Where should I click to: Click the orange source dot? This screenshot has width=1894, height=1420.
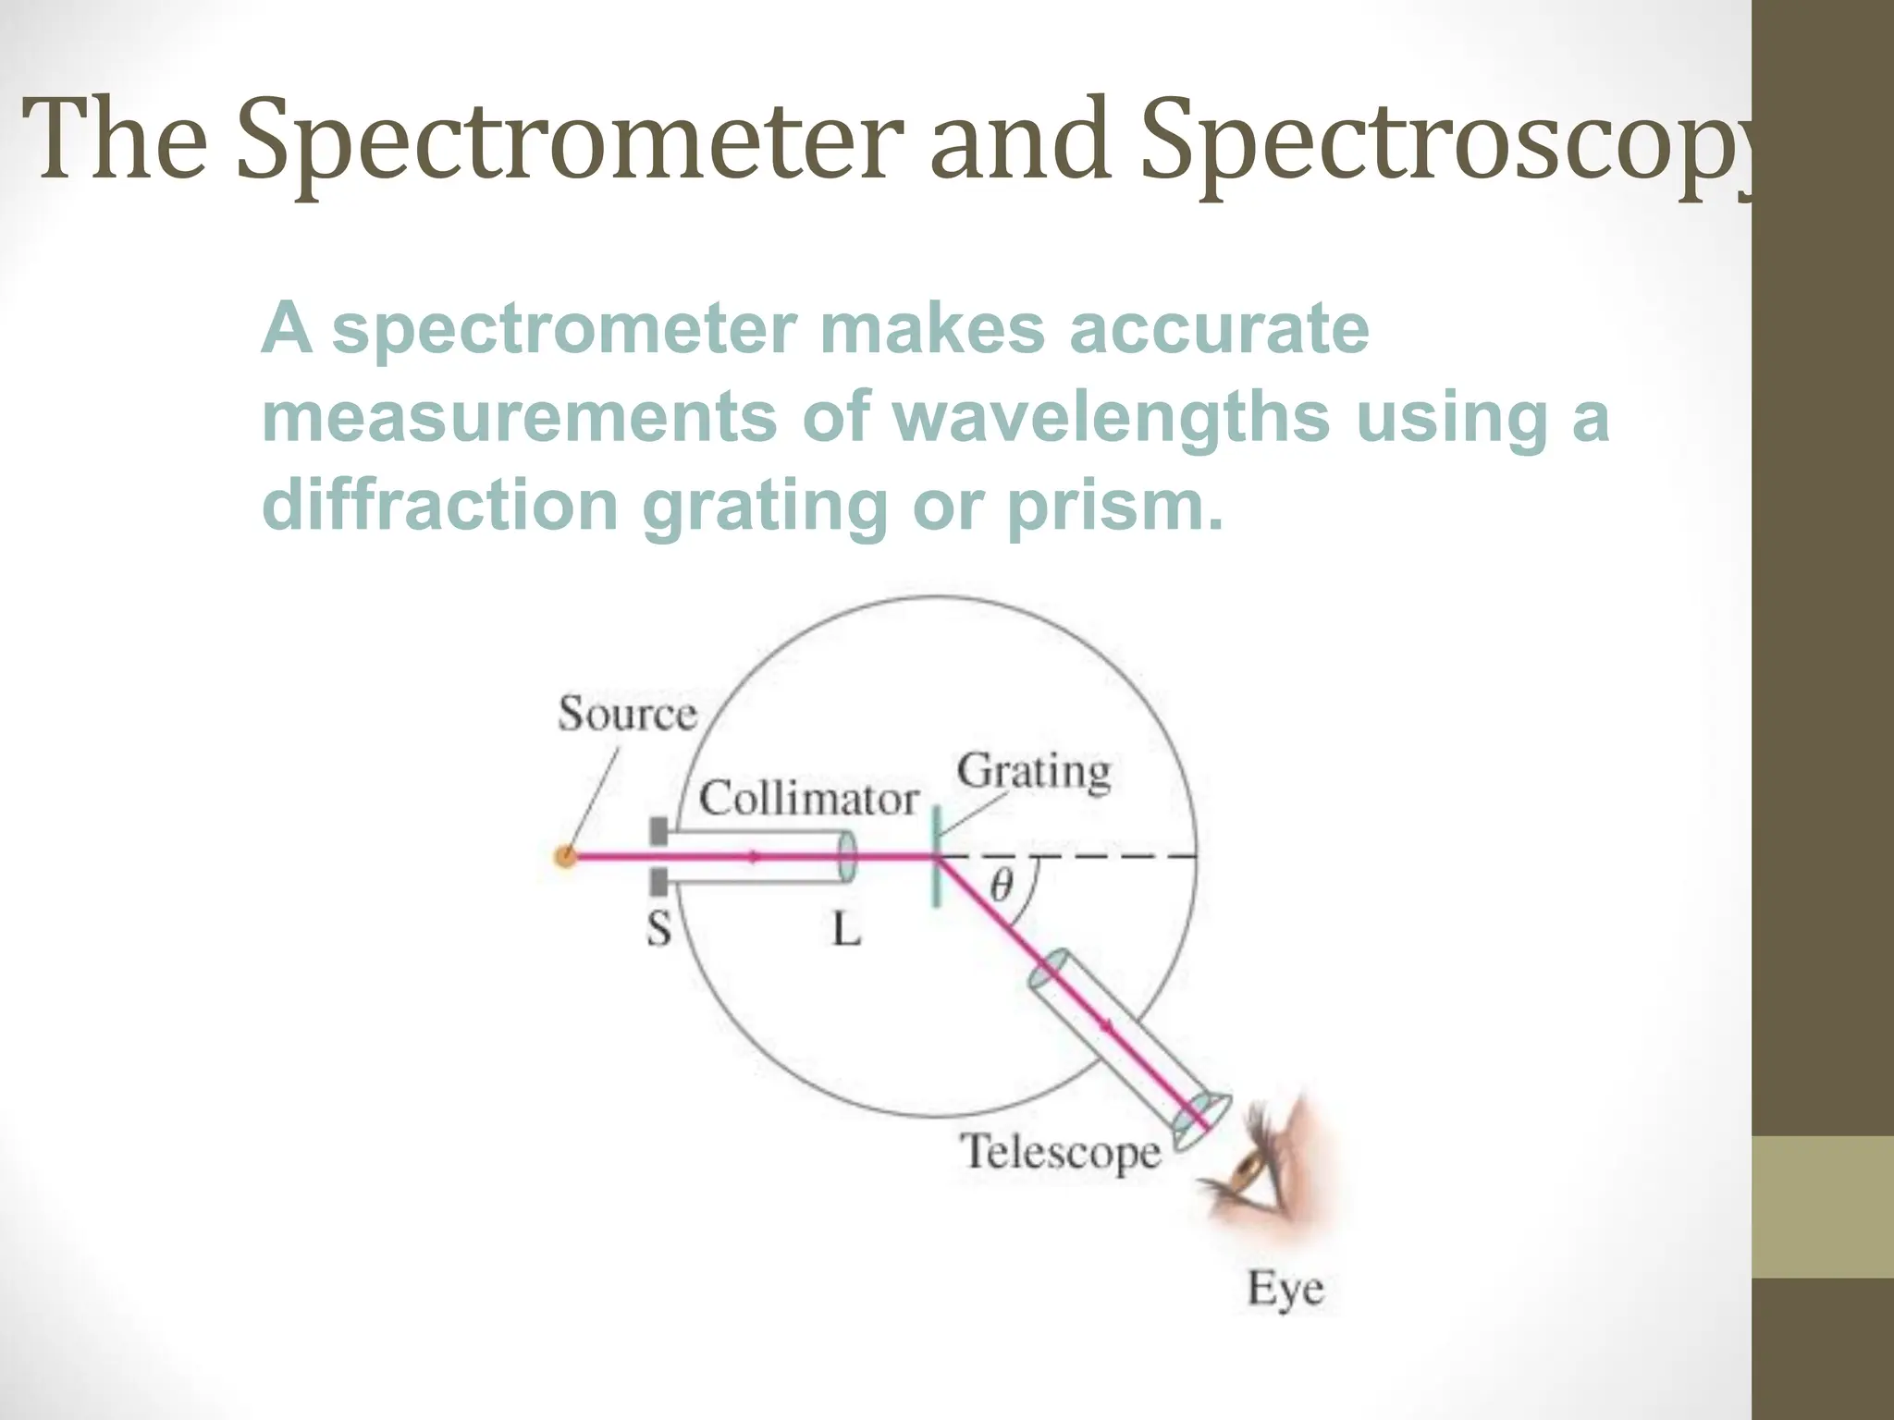point(565,857)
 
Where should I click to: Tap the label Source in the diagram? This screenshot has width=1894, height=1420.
point(626,714)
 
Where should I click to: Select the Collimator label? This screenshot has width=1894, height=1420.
point(808,798)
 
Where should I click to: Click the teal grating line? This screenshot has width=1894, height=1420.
point(936,856)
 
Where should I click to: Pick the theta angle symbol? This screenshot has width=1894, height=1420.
point(1001,886)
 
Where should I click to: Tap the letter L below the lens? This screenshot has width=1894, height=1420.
point(846,928)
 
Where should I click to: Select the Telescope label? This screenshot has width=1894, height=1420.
point(1060,1152)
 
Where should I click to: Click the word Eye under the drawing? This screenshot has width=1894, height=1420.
point(1285,1288)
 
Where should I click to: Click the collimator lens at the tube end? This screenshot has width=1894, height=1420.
point(846,856)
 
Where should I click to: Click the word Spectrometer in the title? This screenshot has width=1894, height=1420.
point(570,141)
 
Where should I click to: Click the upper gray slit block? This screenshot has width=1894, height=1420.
point(658,831)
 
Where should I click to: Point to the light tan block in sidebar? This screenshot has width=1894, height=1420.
point(1823,1206)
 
